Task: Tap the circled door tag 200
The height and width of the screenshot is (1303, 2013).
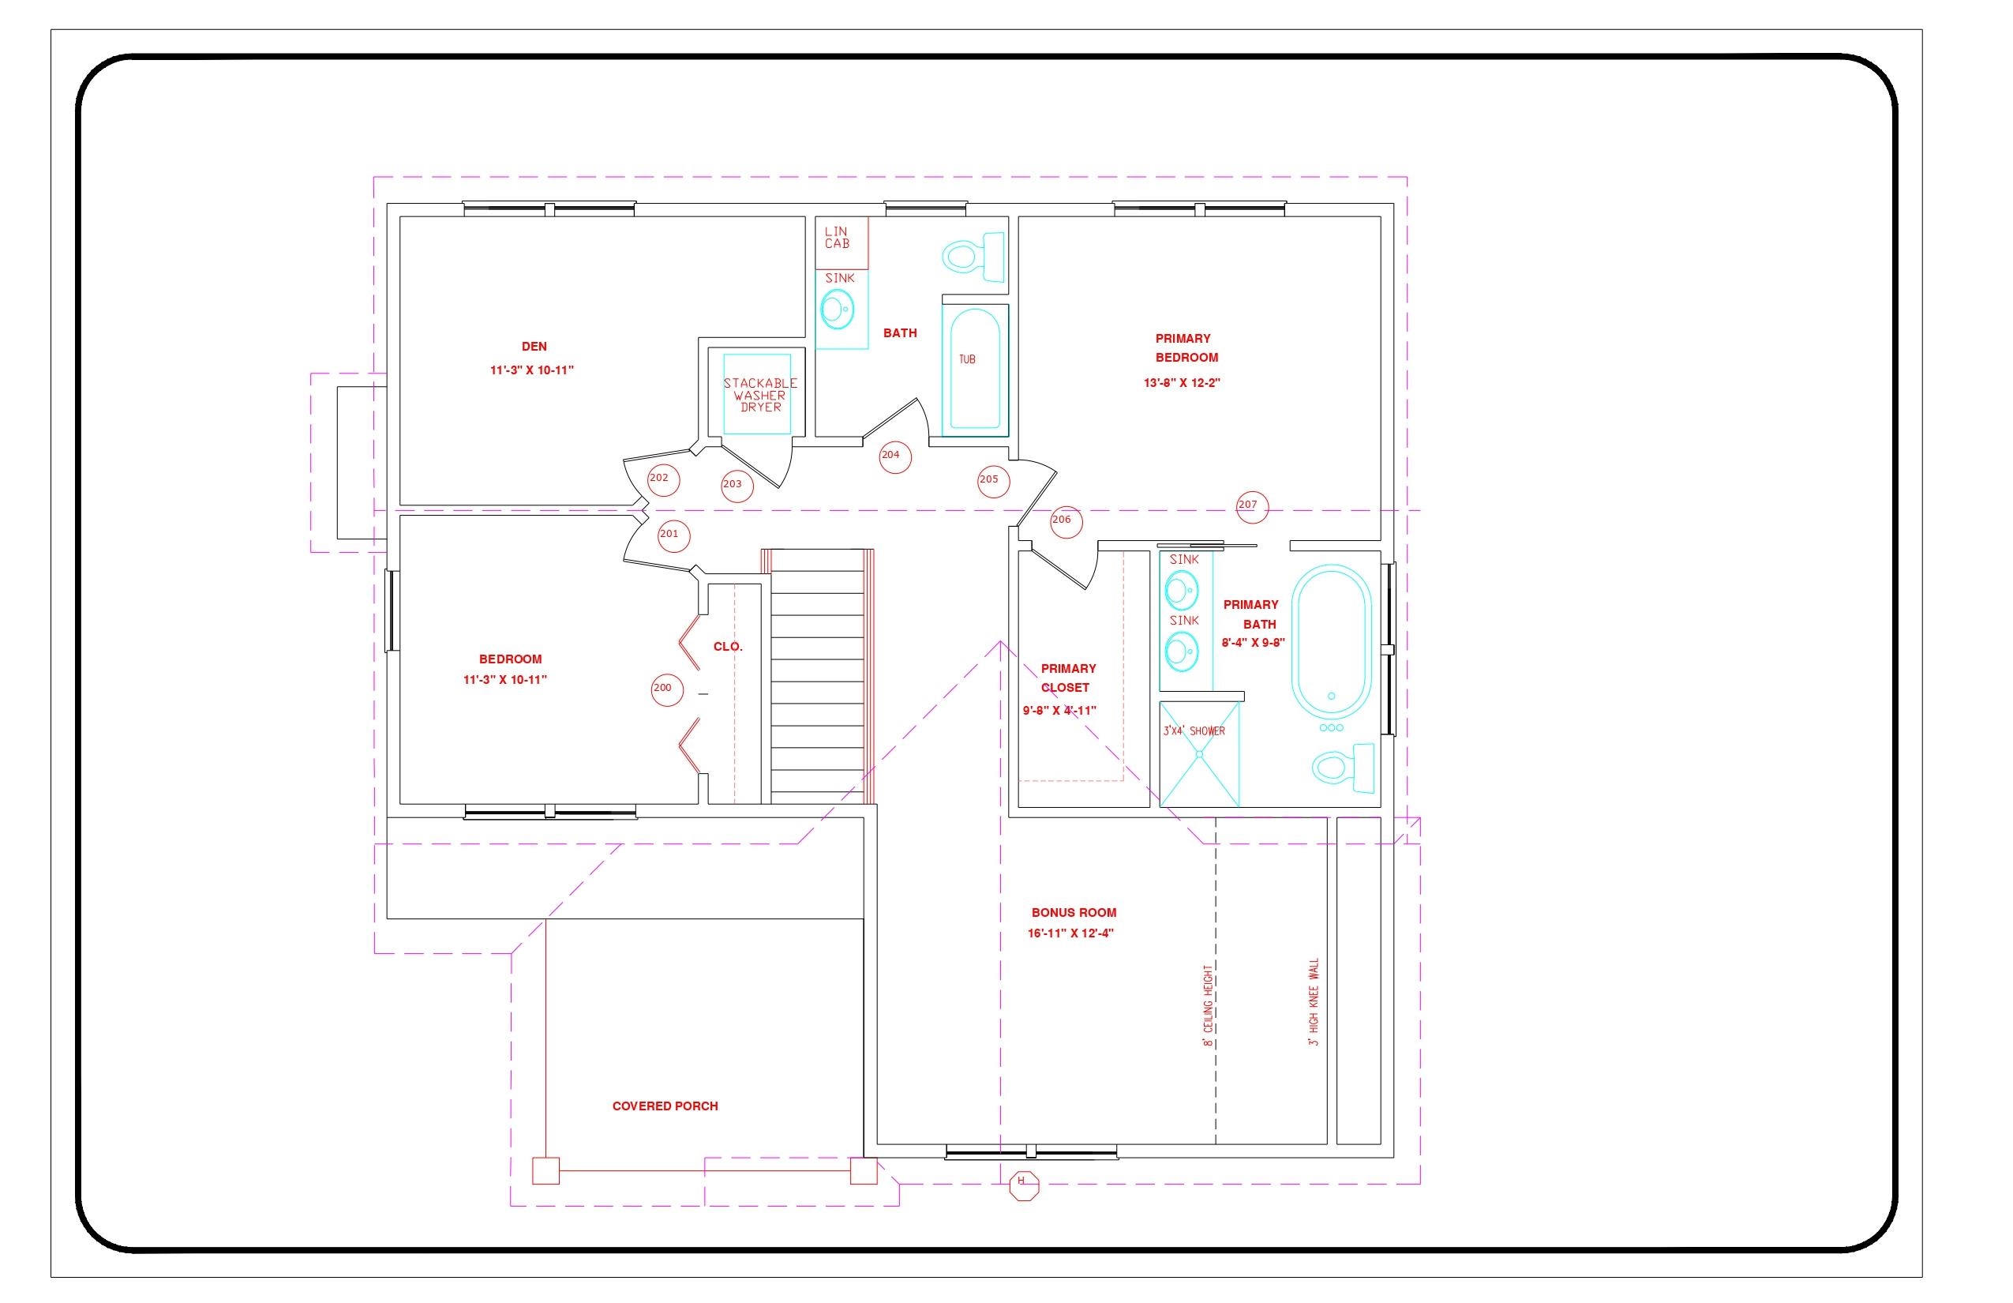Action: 666,689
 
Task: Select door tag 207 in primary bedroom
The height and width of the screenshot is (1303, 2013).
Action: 1251,506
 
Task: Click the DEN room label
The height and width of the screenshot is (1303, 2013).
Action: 534,347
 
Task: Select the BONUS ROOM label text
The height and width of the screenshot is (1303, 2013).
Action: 1074,913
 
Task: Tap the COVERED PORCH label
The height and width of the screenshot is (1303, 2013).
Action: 665,1106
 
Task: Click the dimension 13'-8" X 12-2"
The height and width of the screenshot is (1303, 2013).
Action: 1182,383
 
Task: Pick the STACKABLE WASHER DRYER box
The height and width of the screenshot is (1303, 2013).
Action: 758,395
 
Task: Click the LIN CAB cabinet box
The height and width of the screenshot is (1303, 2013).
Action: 842,242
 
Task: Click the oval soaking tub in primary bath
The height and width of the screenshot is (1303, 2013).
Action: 1331,641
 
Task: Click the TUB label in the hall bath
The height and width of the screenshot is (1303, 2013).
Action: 967,359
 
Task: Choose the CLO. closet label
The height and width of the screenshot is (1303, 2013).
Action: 727,648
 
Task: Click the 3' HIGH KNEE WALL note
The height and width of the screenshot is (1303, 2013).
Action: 1314,1003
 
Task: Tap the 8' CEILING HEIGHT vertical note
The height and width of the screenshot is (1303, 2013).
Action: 1208,1005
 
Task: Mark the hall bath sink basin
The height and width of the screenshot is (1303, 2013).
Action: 838,310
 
